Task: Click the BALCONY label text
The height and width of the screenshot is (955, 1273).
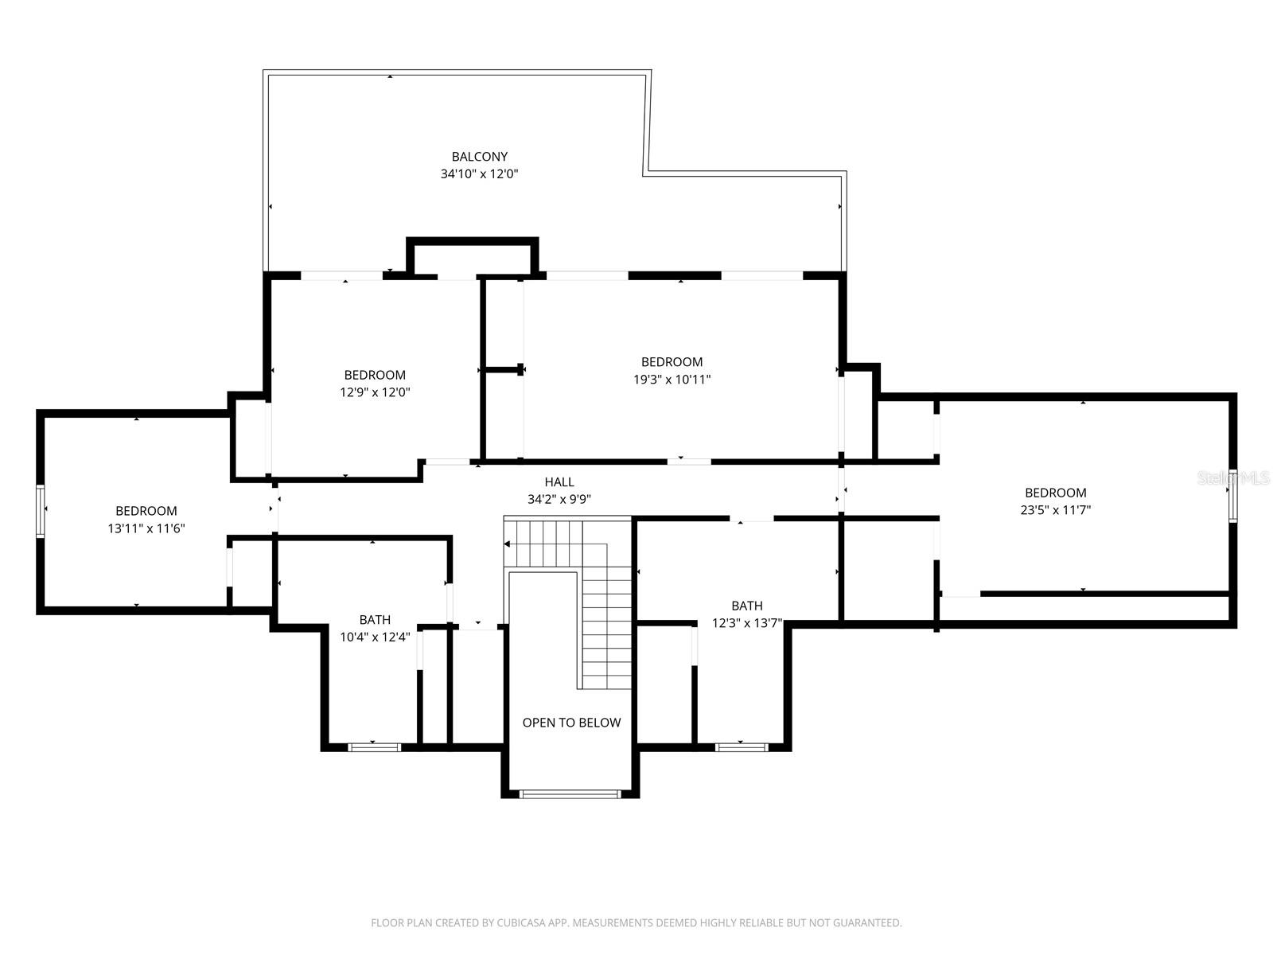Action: click(x=479, y=157)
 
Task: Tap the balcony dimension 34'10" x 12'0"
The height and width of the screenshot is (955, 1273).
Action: click(x=479, y=173)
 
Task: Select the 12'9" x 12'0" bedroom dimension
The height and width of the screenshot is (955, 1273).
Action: click(x=375, y=392)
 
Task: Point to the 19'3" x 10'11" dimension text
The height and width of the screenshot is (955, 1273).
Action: click(x=672, y=380)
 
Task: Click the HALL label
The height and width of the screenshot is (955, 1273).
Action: click(x=559, y=481)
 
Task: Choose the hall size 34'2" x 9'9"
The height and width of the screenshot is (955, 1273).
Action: click(x=559, y=500)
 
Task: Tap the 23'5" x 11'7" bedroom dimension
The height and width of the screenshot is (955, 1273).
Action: click(x=1055, y=510)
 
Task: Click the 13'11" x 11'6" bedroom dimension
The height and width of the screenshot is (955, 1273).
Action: click(x=146, y=528)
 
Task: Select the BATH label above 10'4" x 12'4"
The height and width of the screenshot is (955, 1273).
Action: click(x=375, y=619)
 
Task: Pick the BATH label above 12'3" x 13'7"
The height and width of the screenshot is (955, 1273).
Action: click(x=746, y=606)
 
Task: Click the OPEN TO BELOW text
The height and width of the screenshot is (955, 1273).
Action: click(x=571, y=723)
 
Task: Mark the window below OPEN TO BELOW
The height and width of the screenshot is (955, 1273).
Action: click(x=570, y=793)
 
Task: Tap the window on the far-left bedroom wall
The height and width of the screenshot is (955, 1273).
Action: click(x=41, y=510)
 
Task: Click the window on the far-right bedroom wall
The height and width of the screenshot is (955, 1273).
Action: click(x=1232, y=496)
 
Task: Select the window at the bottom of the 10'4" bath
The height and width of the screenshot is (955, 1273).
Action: click(x=375, y=746)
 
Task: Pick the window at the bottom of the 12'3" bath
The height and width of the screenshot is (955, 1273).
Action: click(x=741, y=746)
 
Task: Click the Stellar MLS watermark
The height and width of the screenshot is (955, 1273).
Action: click(x=1233, y=478)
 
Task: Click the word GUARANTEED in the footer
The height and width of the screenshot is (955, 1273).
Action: click(x=867, y=923)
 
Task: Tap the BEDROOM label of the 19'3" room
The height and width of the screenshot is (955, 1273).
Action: click(x=672, y=362)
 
